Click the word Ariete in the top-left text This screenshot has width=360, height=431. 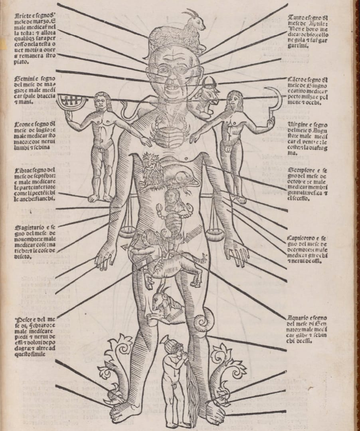[x=24, y=16]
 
